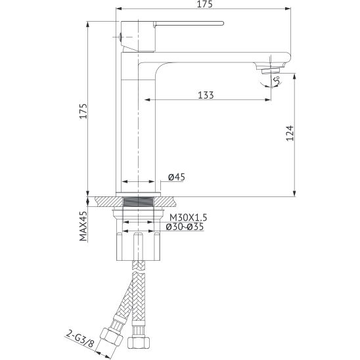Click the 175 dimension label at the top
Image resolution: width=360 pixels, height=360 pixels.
[x=204, y=5]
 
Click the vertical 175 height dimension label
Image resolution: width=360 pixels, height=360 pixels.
[x=83, y=111]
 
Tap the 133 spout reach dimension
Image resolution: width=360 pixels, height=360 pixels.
[x=206, y=95]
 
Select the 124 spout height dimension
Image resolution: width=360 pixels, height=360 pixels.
[x=290, y=133]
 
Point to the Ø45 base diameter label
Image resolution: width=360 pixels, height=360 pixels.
[x=176, y=177]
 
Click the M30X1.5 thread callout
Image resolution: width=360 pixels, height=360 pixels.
[x=188, y=217]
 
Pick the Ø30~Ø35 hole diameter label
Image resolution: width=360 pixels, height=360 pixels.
[x=185, y=227]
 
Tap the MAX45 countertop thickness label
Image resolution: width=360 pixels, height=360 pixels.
[x=83, y=226]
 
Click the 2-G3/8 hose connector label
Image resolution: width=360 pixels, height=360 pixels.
[x=80, y=339]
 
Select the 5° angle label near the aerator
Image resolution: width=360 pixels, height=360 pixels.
[x=277, y=80]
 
